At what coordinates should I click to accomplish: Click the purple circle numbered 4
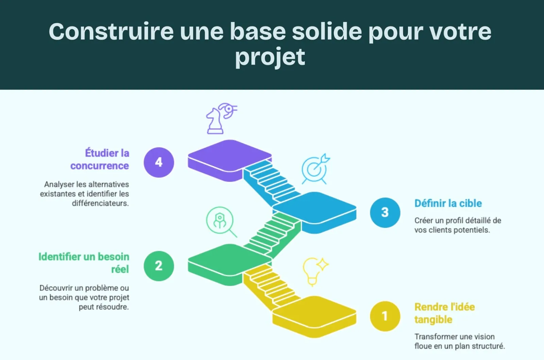[159, 162]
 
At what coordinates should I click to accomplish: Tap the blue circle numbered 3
[385, 212]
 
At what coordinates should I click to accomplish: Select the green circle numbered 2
[159, 266]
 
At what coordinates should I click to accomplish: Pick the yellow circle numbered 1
[385, 316]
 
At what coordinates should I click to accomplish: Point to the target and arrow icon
[315, 169]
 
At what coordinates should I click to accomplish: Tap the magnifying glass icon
[221, 221]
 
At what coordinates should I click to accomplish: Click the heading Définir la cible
[448, 203]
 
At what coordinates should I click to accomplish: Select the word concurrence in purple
[100, 166]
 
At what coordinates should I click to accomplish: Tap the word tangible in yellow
[433, 320]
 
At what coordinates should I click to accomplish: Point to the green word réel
[120, 269]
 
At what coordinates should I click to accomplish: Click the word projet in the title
[270, 57]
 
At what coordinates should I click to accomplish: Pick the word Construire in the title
[112, 32]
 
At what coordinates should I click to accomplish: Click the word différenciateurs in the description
[100, 203]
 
